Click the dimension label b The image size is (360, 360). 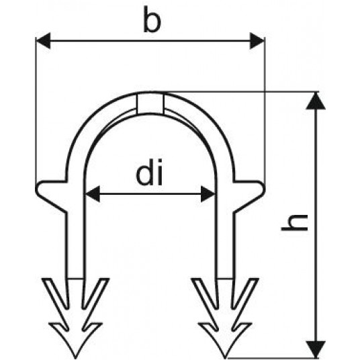click(152, 19)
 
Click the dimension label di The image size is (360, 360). click(150, 172)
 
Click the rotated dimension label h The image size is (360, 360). click(294, 222)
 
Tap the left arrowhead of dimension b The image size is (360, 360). click(43, 41)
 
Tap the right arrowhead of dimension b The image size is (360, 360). click(257, 41)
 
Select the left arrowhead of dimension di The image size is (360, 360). click(92, 194)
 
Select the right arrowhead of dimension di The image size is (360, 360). click(208, 194)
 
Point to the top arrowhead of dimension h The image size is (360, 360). click(316, 101)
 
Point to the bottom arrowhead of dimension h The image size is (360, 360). click(316, 349)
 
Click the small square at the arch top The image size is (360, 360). click(150, 103)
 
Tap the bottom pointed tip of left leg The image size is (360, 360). click(75, 358)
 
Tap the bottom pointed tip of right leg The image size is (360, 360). click(225, 358)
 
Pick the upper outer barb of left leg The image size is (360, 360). click(54, 294)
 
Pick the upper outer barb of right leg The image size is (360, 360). click(246, 294)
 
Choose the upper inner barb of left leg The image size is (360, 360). click(95, 294)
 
